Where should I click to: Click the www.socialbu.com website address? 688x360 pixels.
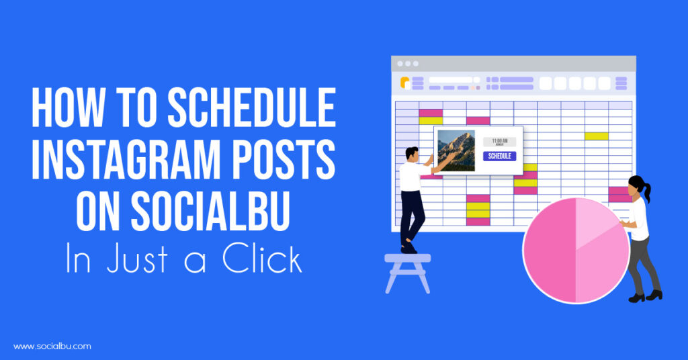point(52,347)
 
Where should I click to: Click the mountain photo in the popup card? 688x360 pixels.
point(456,150)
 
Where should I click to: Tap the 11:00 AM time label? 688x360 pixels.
point(499,141)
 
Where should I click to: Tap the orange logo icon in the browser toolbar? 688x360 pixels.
point(405,83)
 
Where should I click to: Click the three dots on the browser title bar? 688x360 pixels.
point(407,64)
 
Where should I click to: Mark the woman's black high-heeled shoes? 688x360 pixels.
point(645,296)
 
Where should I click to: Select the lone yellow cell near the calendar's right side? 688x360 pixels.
point(596,136)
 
